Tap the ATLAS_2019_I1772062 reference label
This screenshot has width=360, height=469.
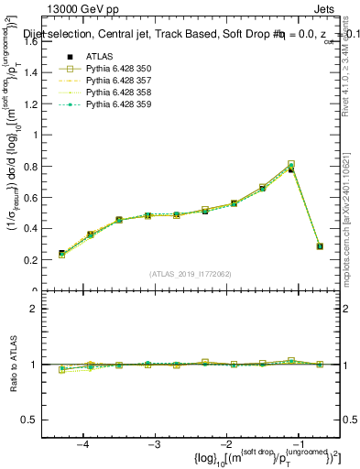tap(191, 274)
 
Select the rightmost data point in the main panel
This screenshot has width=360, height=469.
tap(320, 246)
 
